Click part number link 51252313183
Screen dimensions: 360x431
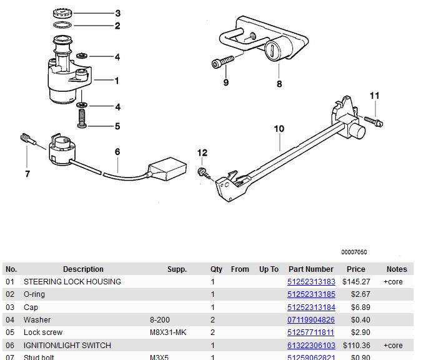311,282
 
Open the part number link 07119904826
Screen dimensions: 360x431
311,320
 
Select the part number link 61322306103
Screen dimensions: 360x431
311,346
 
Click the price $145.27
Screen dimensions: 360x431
356,282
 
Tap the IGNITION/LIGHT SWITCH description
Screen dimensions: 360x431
67,346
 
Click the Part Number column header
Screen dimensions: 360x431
311,269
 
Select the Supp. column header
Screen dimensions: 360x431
177,269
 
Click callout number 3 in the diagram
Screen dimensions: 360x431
117,13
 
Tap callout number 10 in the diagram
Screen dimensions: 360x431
279,129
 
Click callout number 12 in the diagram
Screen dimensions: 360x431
202,152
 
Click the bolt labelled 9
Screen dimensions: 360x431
222,62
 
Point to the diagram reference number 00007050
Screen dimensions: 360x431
354,252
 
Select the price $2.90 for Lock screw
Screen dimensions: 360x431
356,332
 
